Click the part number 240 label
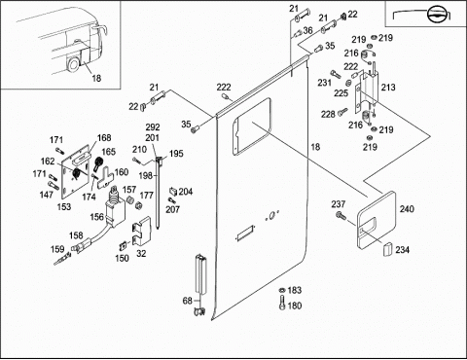407,209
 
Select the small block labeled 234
387,249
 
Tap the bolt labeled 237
341,215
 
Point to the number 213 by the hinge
388,88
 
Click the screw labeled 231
336,74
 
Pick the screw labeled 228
342,113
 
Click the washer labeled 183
282,289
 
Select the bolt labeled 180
282,303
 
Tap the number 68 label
188,301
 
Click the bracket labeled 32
142,231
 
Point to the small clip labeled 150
124,246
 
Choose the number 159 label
57,249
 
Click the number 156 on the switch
96,217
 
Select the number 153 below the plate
63,206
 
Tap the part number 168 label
104,138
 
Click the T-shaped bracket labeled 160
105,178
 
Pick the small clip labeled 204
173,192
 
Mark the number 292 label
153,127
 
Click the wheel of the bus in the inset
73,64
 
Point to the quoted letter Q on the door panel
271,215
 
